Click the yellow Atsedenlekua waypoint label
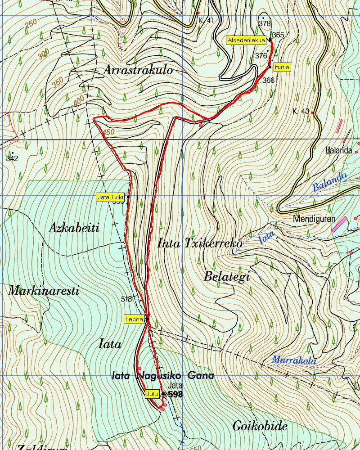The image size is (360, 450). [x=246, y=40]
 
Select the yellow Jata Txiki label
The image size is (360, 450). [x=111, y=197]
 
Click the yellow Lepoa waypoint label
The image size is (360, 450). [x=134, y=319]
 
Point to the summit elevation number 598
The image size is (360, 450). [x=175, y=395]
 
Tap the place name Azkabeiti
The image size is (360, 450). [x=74, y=228]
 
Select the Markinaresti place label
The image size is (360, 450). [x=44, y=291]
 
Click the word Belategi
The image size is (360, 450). [x=227, y=276]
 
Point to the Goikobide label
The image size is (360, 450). [x=260, y=425]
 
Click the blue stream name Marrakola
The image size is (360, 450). [x=294, y=360]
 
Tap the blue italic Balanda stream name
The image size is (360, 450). [x=330, y=181]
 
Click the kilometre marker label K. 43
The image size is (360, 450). [x=301, y=111]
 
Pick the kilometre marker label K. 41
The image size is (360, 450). [x=206, y=21]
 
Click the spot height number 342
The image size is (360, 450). [x=12, y=158]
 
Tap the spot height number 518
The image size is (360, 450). [x=127, y=298]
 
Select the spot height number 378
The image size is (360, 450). [x=265, y=23]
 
